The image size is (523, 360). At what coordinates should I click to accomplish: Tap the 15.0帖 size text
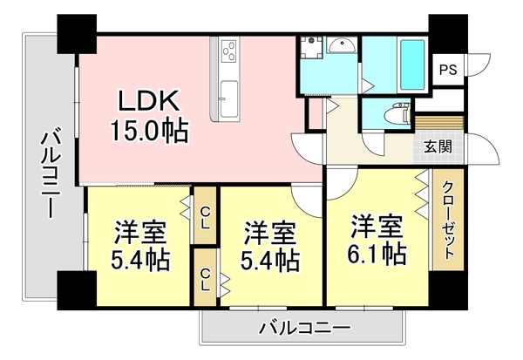click(x=147, y=131)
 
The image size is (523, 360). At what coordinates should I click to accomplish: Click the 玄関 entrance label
click(x=437, y=146)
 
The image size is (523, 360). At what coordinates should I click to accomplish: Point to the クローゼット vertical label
click(x=447, y=221)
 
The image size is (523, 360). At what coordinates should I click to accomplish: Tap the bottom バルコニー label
click(x=304, y=329)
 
